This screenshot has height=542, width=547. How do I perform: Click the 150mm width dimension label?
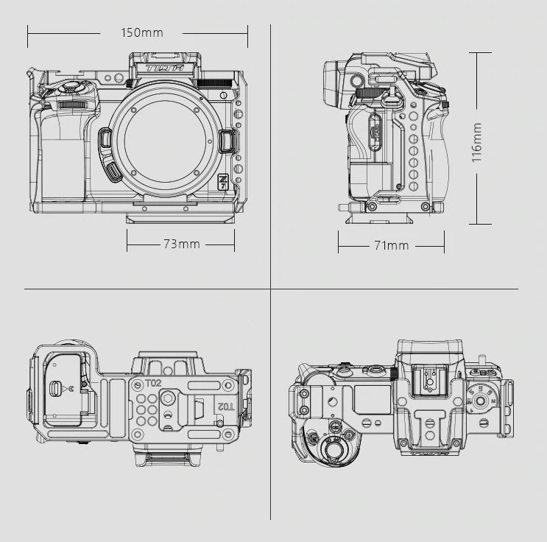[x=142, y=33]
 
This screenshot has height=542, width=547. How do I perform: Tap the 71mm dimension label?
[x=391, y=244]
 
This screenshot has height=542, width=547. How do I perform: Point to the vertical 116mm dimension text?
[x=477, y=142]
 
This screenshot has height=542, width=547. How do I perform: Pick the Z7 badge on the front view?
[x=223, y=181]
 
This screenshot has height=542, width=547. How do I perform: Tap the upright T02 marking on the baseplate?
[x=153, y=384]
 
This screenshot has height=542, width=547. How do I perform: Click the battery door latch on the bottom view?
[x=56, y=388]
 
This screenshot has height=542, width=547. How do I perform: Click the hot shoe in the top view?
[x=428, y=380]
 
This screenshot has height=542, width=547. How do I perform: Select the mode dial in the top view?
[x=482, y=401]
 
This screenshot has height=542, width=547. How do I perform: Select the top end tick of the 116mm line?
[x=479, y=52]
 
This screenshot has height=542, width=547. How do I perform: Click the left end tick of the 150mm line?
[x=28, y=32]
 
